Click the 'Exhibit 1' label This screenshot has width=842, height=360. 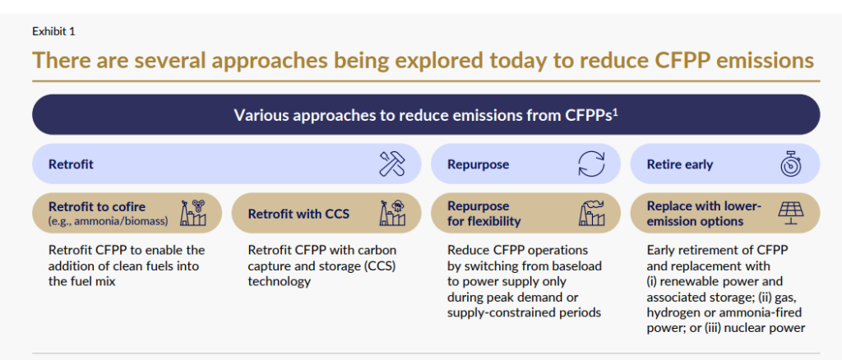53,31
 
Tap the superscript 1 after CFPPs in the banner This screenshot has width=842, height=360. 615,110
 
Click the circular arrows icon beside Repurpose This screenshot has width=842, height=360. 590,164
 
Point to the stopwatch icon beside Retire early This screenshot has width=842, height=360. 790,164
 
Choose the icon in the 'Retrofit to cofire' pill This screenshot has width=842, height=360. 193,213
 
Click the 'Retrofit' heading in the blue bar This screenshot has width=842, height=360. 71,164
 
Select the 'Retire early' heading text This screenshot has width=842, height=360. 679,164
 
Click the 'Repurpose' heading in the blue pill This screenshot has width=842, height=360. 478,164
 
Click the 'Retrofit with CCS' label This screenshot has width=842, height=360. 298,214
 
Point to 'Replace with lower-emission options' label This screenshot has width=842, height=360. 704,214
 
